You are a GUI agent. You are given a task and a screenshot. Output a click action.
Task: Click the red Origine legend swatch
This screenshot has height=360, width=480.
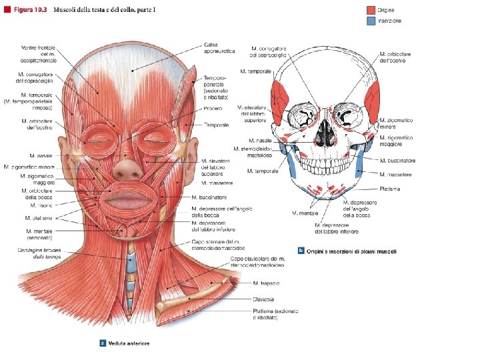371,10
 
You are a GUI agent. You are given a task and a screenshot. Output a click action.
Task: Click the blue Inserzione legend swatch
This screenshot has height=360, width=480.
371,21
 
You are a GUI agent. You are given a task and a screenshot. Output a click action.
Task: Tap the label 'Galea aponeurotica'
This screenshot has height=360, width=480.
200,49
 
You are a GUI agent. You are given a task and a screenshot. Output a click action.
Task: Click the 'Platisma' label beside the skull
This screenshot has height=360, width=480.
391,189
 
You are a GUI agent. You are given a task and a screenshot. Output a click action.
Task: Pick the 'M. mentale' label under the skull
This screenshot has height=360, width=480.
305,213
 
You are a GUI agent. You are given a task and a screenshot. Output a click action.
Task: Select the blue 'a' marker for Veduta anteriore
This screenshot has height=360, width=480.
103,344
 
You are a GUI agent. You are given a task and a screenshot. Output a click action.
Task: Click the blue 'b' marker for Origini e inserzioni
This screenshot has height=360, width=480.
302,251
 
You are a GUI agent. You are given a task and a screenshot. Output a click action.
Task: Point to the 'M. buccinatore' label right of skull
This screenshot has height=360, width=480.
397,161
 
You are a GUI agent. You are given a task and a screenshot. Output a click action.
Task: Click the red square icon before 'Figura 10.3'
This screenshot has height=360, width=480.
7,8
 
